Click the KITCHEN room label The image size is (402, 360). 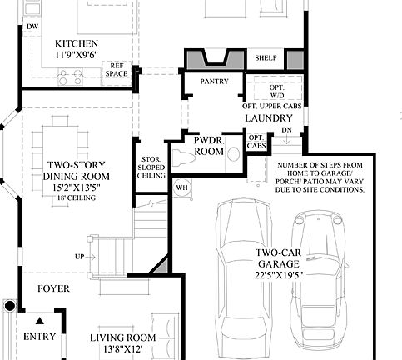pos(76,43)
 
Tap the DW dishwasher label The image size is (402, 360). pos(32,27)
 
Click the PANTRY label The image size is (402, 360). pos(214,81)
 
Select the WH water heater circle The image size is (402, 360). pos(182,187)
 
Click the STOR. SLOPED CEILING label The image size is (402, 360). pos(150,166)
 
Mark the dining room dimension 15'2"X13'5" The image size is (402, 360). pos(77,187)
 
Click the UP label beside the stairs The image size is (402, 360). pos(79,256)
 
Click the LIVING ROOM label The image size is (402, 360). pos(122,337)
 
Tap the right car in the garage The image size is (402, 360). pos(318,279)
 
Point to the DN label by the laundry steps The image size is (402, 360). pos(285,130)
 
